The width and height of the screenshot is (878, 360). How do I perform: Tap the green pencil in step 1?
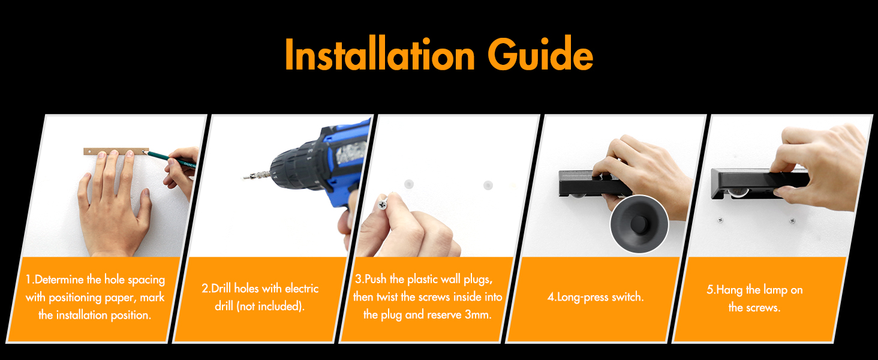[171, 157]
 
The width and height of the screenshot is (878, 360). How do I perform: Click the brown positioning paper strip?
[116, 151]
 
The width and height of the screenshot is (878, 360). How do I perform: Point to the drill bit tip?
[244, 177]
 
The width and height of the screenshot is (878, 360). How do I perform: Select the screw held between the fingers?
[383, 203]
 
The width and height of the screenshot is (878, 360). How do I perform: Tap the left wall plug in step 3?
[409, 184]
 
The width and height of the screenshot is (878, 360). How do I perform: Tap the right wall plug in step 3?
[488, 185]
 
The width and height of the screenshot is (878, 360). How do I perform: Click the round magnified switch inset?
[639, 224]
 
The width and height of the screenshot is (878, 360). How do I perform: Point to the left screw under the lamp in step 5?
[720, 220]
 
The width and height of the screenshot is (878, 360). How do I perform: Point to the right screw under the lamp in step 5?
[792, 221]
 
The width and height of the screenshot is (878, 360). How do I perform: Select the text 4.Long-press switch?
[596, 297]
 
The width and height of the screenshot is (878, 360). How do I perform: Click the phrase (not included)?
[270, 306]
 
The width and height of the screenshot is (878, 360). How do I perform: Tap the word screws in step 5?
[762, 307]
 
